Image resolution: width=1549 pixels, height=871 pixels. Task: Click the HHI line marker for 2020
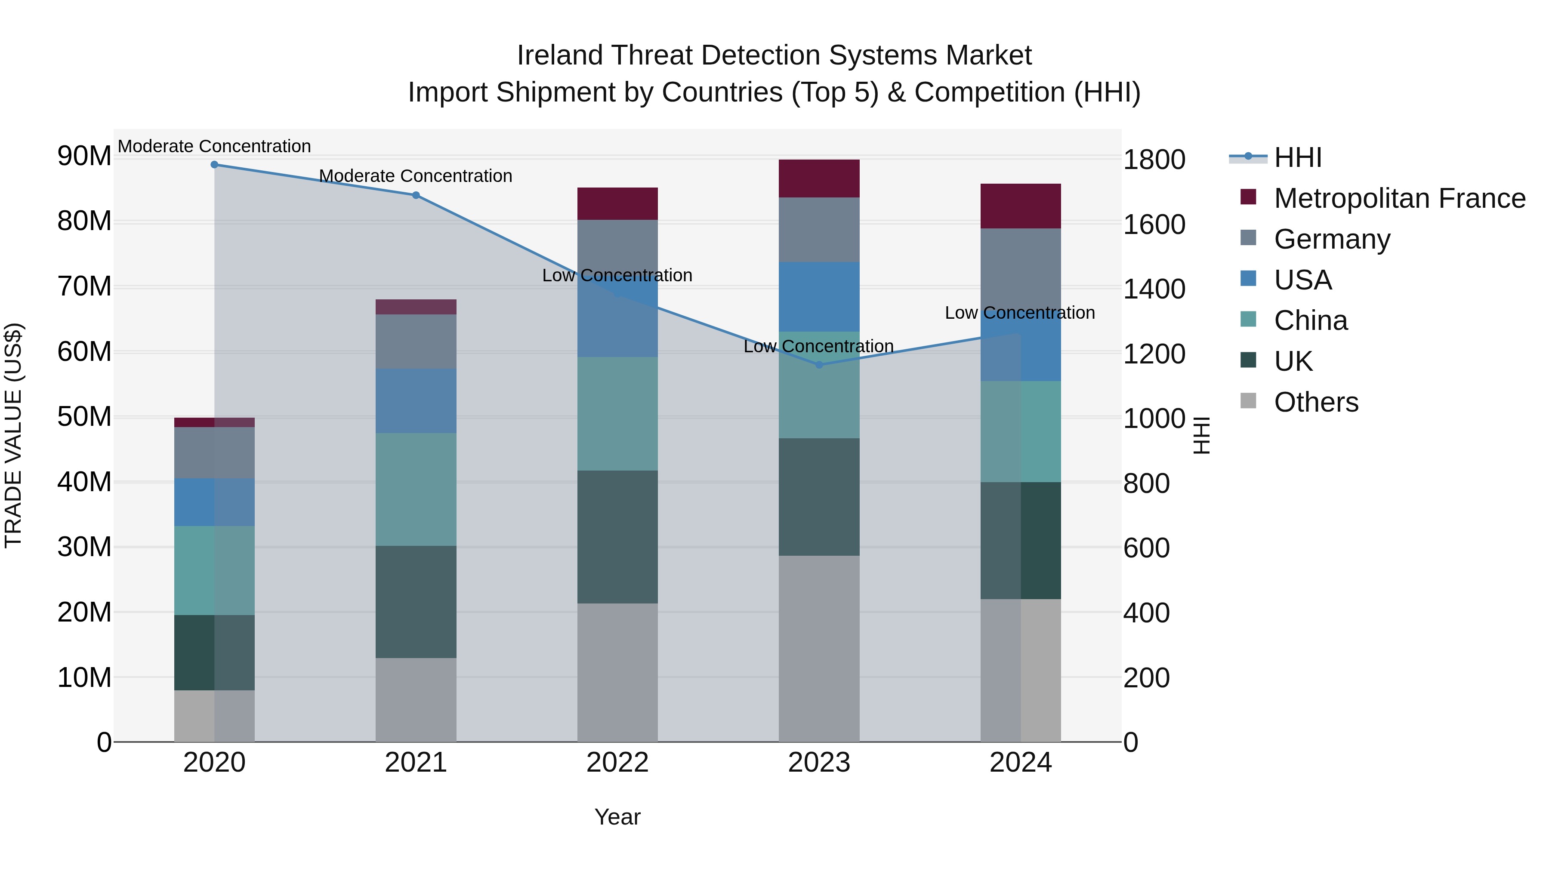[214, 165]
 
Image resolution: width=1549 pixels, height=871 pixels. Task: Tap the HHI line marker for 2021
[416, 195]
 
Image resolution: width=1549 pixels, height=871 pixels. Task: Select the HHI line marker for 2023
[818, 365]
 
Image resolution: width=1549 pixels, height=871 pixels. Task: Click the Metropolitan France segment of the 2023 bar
[818, 179]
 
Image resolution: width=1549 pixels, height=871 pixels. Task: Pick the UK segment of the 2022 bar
[617, 537]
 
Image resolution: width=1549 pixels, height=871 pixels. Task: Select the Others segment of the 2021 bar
[416, 700]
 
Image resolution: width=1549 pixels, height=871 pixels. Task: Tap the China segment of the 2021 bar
[416, 489]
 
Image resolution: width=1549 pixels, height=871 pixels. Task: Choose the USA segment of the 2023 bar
[818, 297]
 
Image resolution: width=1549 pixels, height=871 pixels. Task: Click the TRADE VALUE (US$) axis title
[13, 435]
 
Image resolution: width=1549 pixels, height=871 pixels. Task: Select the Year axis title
[617, 817]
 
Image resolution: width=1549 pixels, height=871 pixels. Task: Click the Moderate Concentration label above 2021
[416, 176]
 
